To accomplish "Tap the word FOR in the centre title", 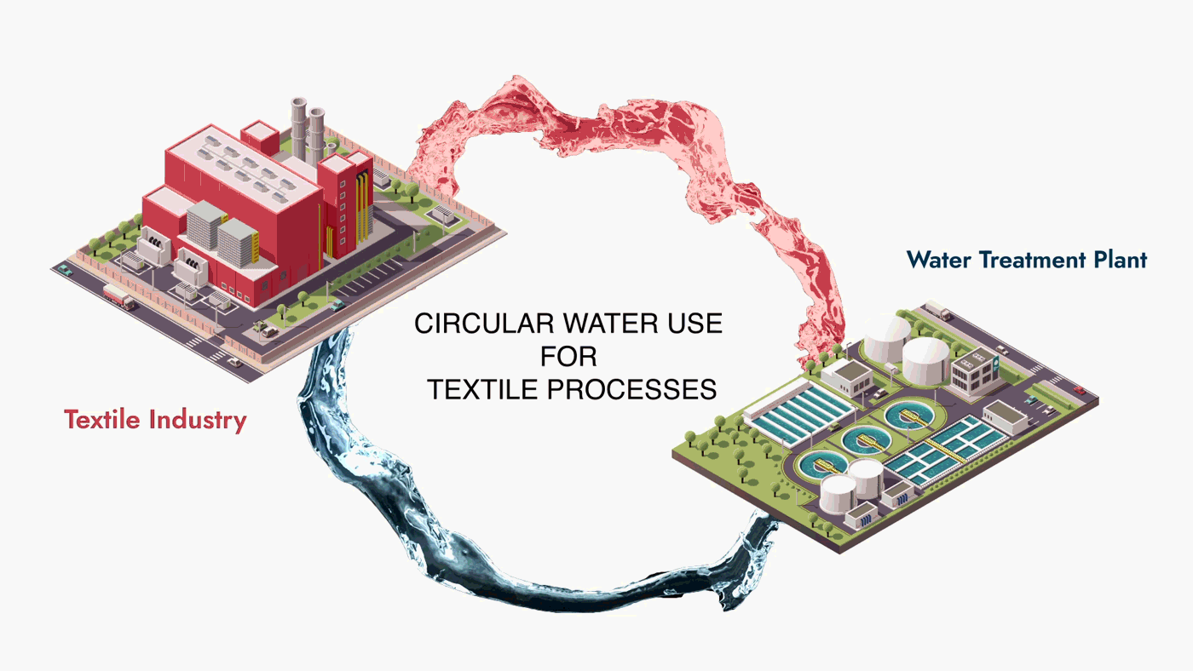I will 568,357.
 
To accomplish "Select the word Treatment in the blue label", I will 1024,260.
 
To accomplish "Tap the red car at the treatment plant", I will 1079,390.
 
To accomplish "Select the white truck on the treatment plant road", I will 937,310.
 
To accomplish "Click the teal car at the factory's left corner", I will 65,270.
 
